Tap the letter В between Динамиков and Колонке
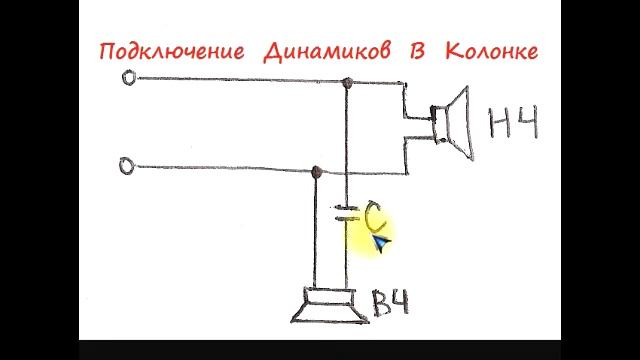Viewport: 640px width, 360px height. [417, 51]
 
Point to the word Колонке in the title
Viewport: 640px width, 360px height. [490, 51]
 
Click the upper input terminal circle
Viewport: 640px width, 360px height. [128, 77]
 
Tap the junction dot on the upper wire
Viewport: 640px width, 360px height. [347, 83]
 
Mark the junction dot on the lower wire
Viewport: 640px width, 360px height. [317, 172]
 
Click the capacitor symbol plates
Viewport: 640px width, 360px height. [346, 212]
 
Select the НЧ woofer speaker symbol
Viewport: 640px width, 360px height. [451, 123]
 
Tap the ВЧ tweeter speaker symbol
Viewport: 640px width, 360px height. [325, 307]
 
